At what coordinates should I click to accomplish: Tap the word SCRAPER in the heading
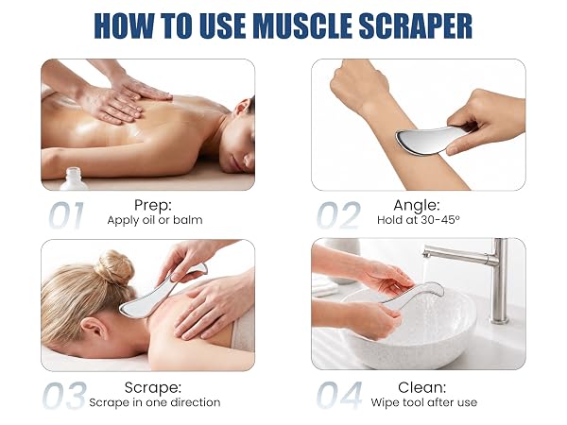416,26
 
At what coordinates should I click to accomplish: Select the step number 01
66,215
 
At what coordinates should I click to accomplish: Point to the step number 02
339,215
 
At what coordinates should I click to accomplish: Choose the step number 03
65,396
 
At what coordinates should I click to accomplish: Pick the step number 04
339,396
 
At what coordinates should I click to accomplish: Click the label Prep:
153,205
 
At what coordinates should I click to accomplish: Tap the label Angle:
417,206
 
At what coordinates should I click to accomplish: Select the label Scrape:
153,388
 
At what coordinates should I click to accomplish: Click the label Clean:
422,387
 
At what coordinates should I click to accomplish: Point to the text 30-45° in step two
440,220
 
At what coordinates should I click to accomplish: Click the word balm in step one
188,220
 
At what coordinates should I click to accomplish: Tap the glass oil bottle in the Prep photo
74,178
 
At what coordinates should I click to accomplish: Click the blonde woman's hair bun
115,266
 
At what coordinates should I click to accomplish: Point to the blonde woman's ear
93,328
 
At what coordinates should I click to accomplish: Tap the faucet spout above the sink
456,253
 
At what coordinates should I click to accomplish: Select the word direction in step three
196,402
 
